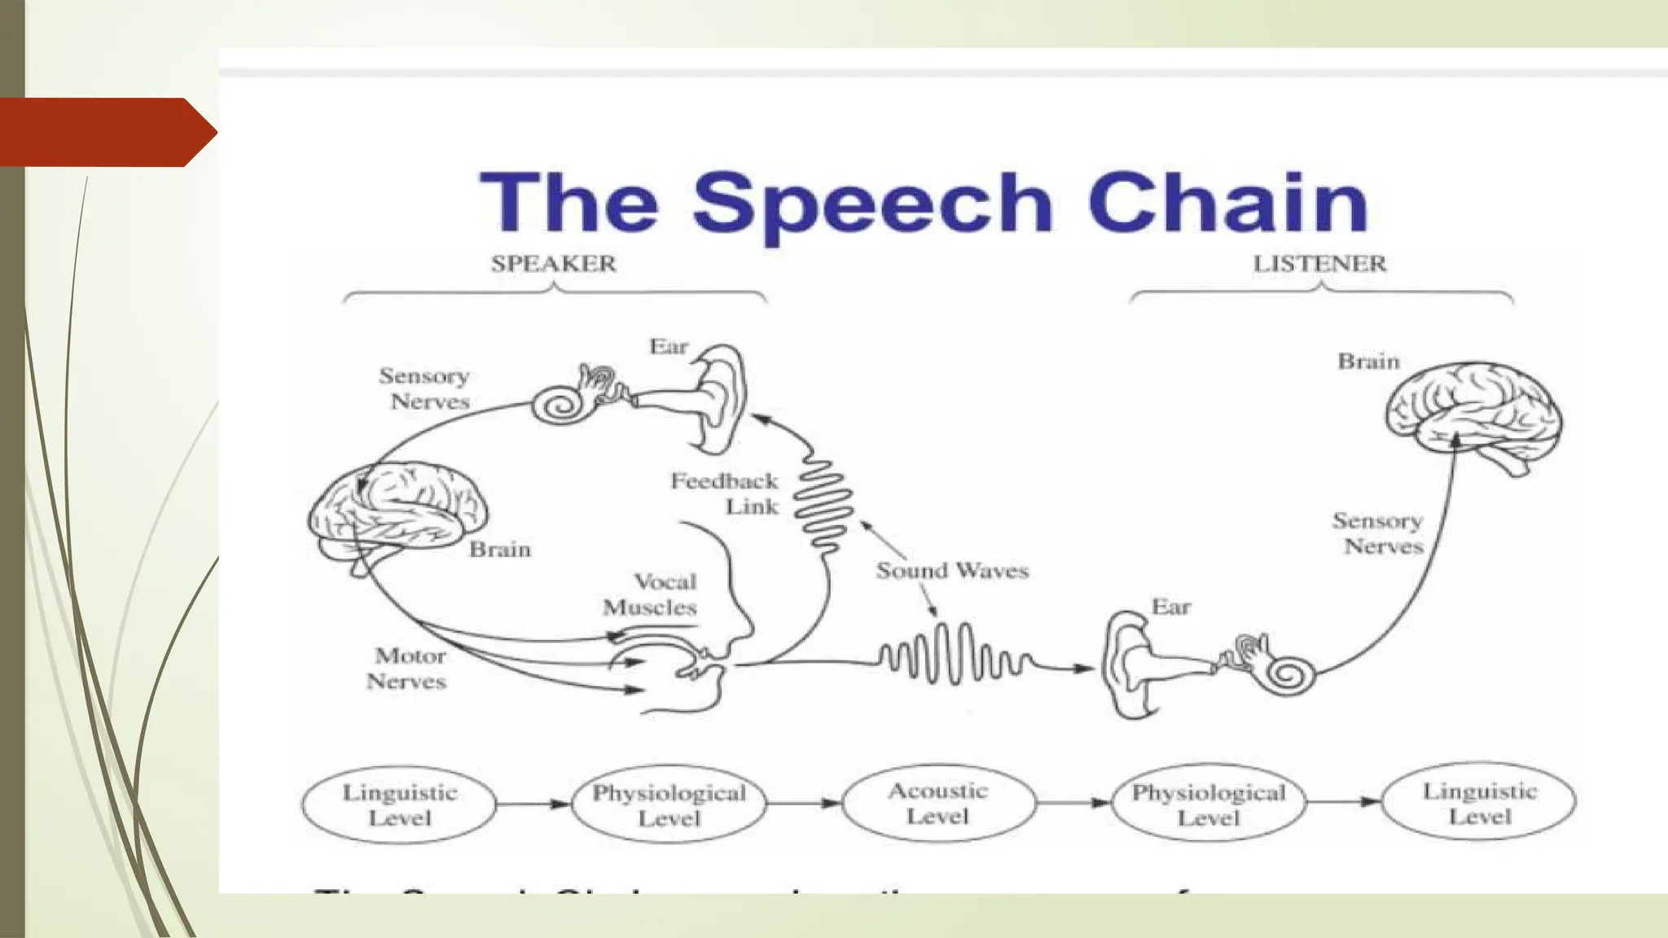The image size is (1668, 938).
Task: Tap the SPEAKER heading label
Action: click(553, 264)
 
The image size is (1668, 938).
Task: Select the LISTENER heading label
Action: click(1319, 264)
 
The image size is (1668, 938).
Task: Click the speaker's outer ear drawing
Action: click(721, 399)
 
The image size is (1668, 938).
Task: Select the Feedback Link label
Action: click(725, 493)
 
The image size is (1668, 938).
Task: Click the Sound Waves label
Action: click(952, 571)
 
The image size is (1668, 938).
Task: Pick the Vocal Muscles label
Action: click(651, 594)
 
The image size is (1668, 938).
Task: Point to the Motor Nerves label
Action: click(407, 668)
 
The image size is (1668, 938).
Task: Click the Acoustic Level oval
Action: click(938, 804)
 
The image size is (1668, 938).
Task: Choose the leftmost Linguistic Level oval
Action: click(399, 804)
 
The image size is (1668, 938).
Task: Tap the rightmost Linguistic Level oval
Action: click(1479, 804)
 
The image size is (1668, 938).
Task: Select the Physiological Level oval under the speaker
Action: click(669, 804)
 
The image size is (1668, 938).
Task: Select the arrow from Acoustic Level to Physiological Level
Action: click(1074, 804)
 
